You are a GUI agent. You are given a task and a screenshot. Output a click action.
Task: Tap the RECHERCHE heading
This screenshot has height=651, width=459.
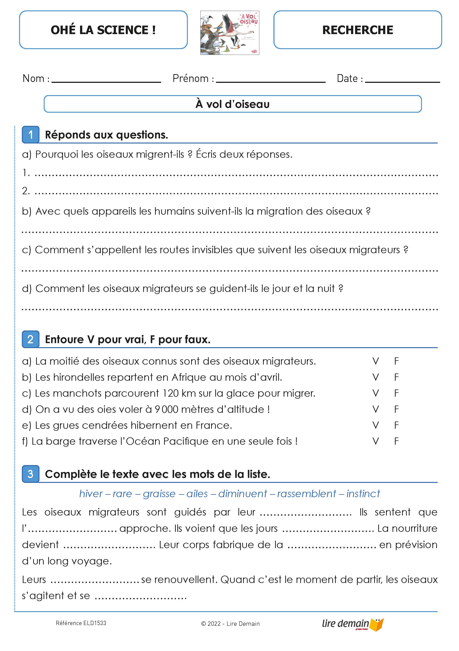tap(357, 30)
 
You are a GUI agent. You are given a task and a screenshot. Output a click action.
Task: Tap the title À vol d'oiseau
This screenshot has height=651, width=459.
tap(232, 104)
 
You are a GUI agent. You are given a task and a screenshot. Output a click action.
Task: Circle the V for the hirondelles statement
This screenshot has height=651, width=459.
tap(375, 377)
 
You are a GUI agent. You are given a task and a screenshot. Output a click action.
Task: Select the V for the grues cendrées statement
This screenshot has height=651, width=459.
tap(375, 425)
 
